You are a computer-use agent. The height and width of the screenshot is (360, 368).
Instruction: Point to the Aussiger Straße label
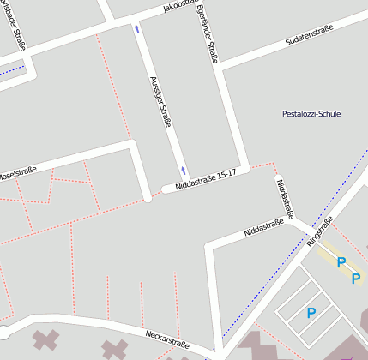click(x=160, y=100)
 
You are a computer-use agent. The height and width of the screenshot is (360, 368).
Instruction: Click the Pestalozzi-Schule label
click(x=310, y=113)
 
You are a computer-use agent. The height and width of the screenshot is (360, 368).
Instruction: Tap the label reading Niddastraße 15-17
click(x=204, y=178)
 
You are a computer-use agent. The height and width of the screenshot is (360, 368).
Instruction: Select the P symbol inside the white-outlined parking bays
click(x=311, y=313)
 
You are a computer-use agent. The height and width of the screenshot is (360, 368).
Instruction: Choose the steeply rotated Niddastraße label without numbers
click(x=286, y=198)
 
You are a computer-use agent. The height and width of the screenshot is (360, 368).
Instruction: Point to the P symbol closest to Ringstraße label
click(x=341, y=261)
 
